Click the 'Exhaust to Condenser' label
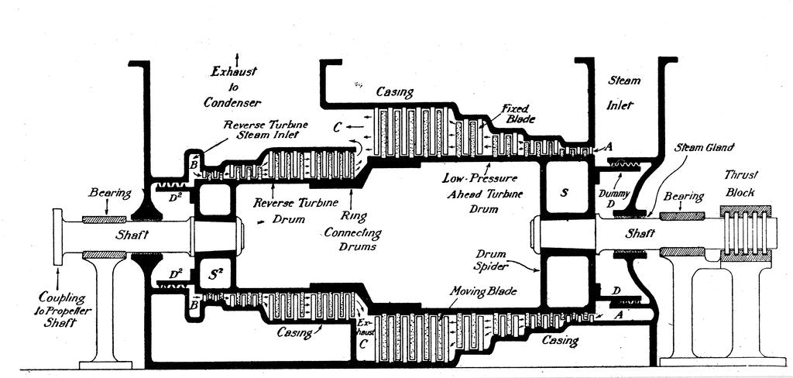pyautogui.click(x=235, y=87)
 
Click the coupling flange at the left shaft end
pyautogui.click(x=57, y=232)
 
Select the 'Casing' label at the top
pyautogui.click(x=394, y=91)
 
